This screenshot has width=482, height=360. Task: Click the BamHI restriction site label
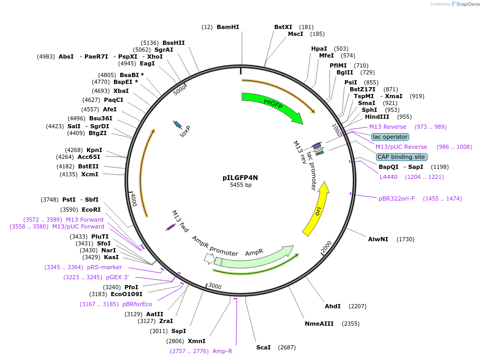(228, 27)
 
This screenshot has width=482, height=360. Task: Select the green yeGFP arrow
(272, 107)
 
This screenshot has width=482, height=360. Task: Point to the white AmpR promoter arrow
(209, 259)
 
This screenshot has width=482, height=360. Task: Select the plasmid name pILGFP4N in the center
(240, 178)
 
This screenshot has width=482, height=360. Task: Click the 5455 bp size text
(240, 185)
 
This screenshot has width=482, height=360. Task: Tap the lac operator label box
(390, 137)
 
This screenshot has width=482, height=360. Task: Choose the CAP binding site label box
(401, 157)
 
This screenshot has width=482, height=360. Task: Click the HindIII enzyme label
(377, 117)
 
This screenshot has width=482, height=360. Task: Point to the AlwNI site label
(378, 239)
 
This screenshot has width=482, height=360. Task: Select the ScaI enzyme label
(263, 347)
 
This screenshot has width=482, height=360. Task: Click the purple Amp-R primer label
(222, 351)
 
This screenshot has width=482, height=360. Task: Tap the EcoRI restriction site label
(91, 210)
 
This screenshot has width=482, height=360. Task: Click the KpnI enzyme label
(94, 150)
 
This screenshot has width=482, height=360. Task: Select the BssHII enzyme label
(173, 43)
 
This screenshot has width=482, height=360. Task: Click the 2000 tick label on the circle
(327, 246)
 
